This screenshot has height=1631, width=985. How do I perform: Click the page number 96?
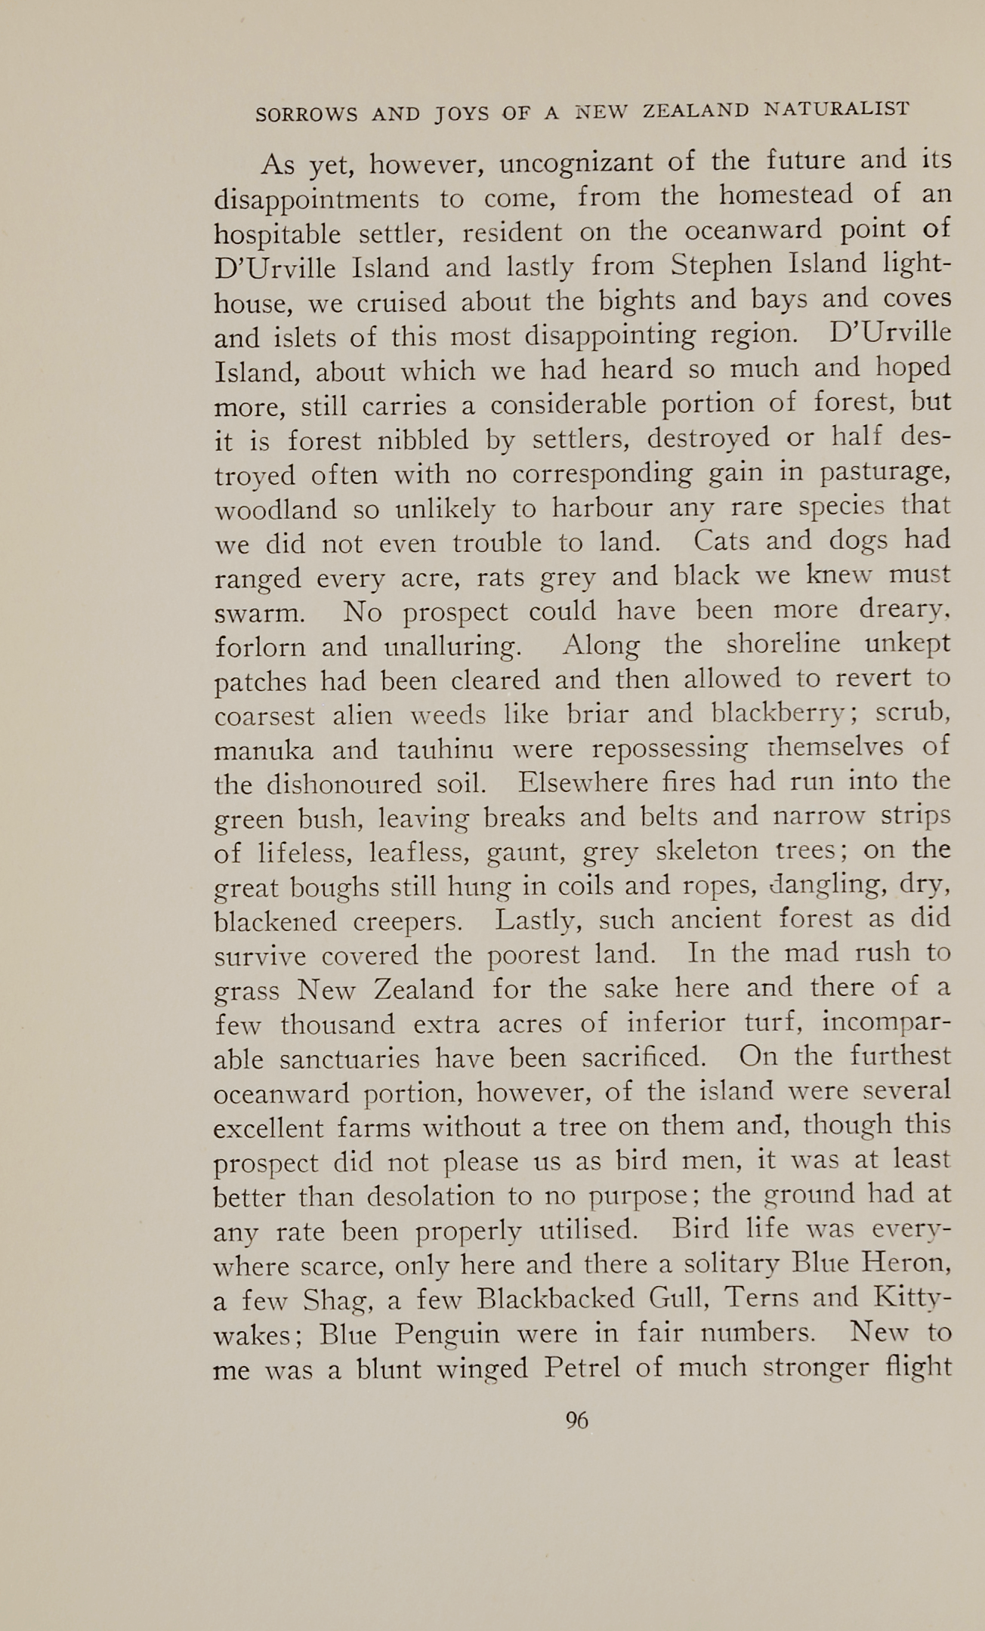pyautogui.click(x=576, y=1420)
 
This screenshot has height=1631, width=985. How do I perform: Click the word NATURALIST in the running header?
pyautogui.click(x=835, y=109)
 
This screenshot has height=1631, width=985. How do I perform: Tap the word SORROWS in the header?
pyautogui.click(x=307, y=114)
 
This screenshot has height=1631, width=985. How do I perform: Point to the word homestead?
pyautogui.click(x=786, y=196)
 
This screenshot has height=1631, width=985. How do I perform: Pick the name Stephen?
pyautogui.click(x=723, y=265)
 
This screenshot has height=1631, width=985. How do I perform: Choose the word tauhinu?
pyautogui.click(x=445, y=750)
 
